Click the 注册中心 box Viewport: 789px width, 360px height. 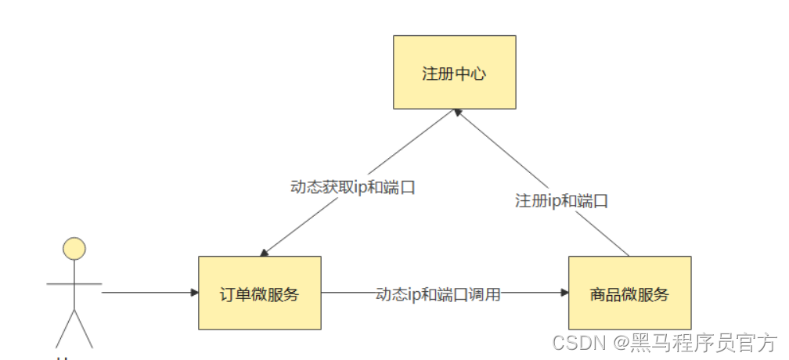pos(454,72)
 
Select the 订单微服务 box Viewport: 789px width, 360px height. pos(259,293)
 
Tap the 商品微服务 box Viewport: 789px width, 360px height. pos(629,293)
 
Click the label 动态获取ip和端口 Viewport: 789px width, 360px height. pos(351,188)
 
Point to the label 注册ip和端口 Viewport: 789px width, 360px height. pos(561,200)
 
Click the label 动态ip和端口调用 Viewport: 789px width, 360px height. pos(438,294)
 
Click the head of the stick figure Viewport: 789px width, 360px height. pos(74,249)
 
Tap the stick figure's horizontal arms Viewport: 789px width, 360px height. pos(74,283)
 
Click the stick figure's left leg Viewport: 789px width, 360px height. pos(64,329)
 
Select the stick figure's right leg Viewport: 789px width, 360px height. pos(84,329)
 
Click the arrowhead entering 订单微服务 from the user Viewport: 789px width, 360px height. pos(194,293)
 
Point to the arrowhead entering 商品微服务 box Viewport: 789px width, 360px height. pos(564,293)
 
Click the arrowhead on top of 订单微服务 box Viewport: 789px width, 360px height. pos(265,252)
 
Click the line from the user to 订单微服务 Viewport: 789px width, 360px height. pos(149,293)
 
